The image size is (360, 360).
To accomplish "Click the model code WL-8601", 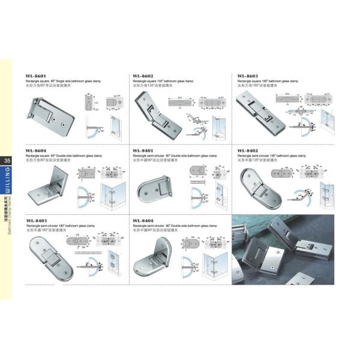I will pos(36,76).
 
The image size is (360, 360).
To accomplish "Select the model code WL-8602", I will pos(143,76).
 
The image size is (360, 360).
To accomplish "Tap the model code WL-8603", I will pos(248,76).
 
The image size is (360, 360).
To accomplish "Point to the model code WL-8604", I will pos(36,151).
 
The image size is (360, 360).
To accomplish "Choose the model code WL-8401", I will pos(143,151).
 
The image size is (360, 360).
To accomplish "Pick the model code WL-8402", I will pos(248,151).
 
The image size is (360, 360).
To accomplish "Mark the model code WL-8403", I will pos(36,221).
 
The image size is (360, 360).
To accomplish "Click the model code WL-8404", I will pos(143,221).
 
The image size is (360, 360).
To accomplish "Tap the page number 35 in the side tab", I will pos(7,160).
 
